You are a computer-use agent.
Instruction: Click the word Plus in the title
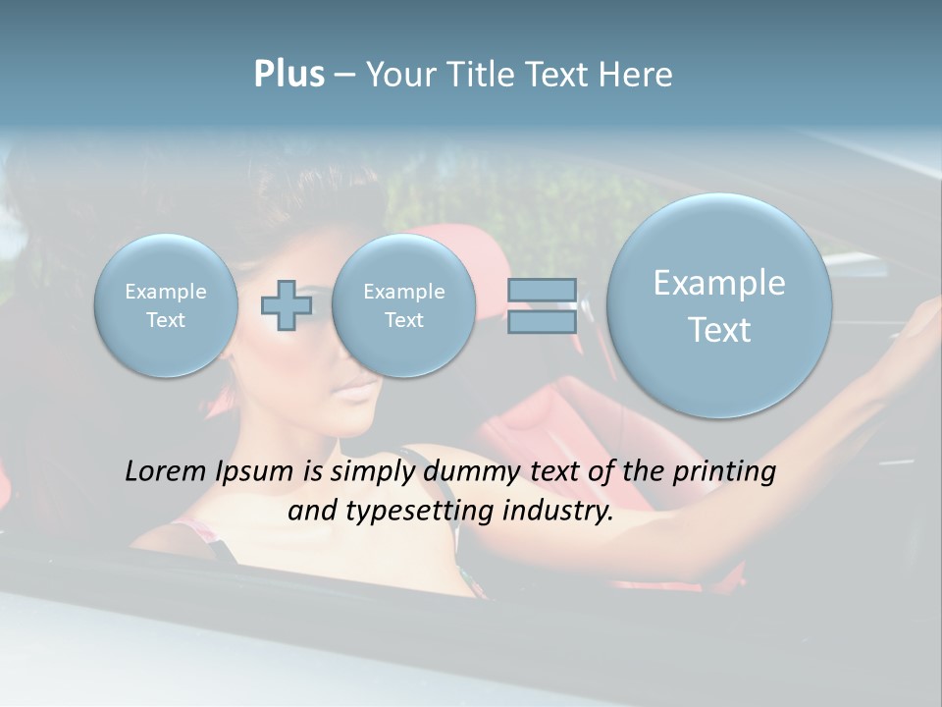point(288,75)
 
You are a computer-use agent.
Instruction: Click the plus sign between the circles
point(287,305)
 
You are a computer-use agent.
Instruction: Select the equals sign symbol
point(542,305)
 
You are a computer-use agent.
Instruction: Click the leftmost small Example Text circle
point(166,305)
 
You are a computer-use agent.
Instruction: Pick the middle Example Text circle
point(403,305)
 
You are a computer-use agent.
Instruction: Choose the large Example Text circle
point(719,305)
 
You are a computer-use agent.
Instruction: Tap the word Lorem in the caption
point(167,471)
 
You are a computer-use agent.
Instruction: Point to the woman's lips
point(355,391)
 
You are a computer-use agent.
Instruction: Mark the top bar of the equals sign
point(542,291)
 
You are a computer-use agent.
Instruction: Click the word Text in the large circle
point(719,330)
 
